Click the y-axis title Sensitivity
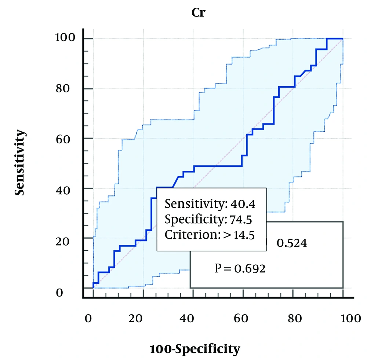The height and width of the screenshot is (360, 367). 21,162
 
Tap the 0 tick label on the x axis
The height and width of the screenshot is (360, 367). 88,318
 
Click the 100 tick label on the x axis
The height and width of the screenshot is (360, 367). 340,318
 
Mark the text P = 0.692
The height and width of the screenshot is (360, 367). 240,269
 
